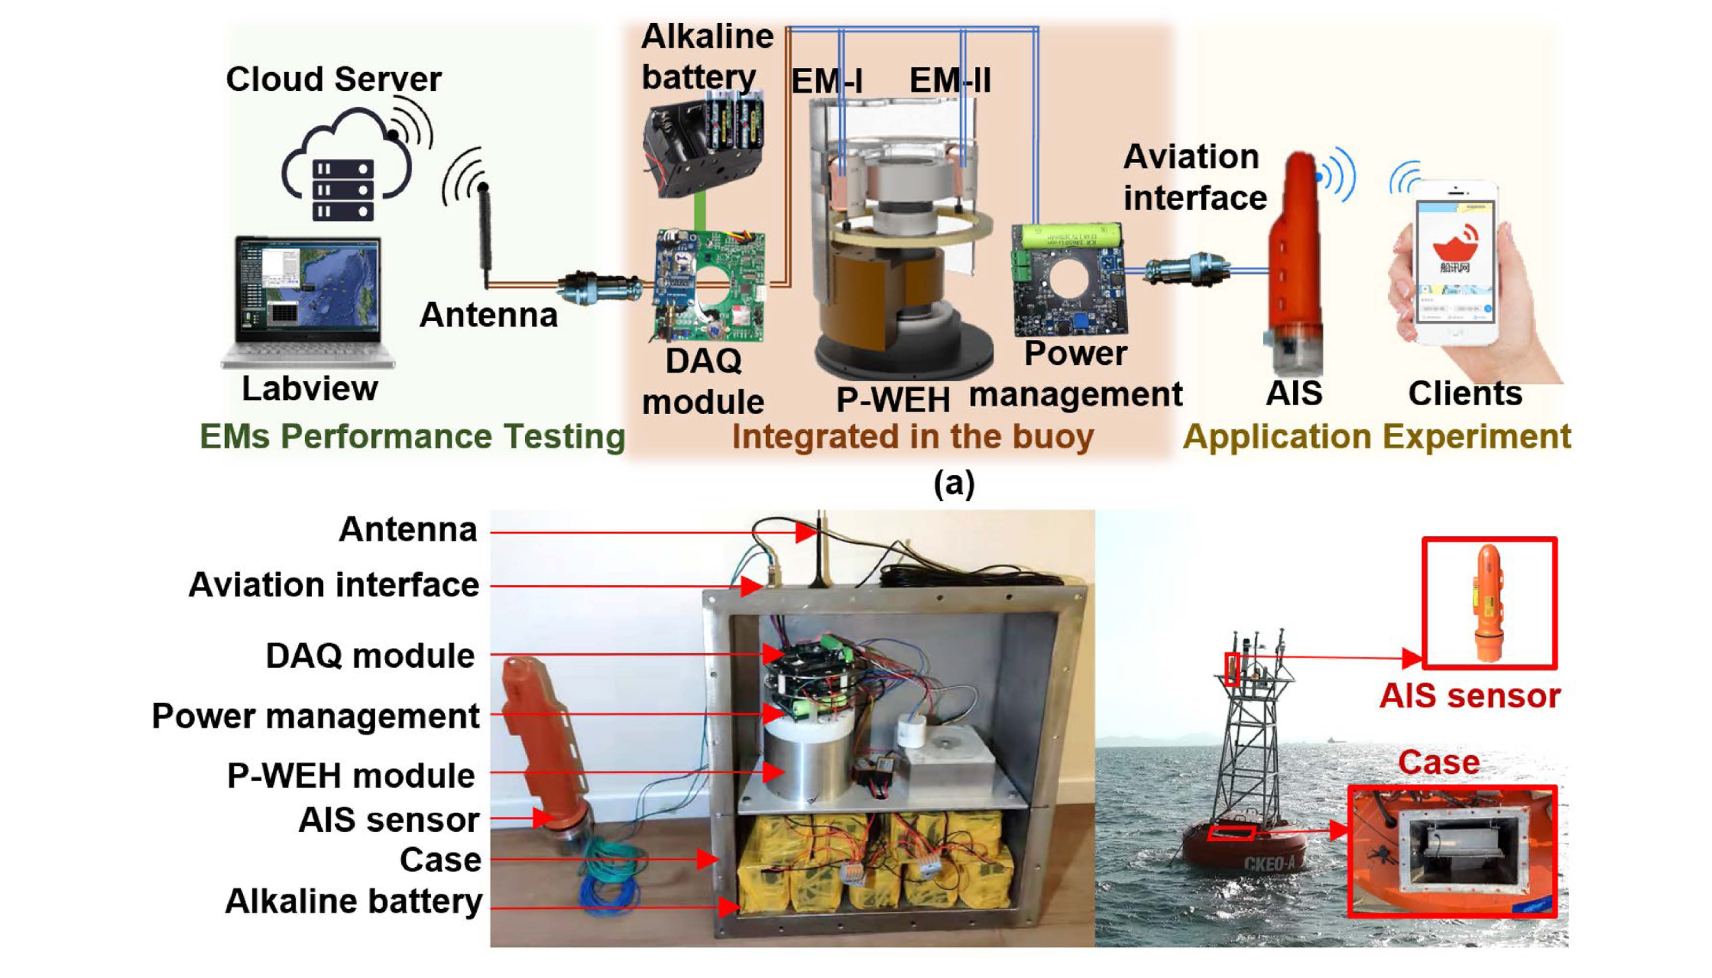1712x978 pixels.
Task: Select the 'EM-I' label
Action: coord(827,81)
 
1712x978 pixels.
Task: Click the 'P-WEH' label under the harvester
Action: coord(892,400)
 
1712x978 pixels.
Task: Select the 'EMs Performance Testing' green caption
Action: coord(412,437)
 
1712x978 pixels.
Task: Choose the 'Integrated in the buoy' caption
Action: coord(913,437)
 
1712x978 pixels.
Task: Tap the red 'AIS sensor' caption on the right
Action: coord(1469,696)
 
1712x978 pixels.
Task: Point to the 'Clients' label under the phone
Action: coord(1465,394)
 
